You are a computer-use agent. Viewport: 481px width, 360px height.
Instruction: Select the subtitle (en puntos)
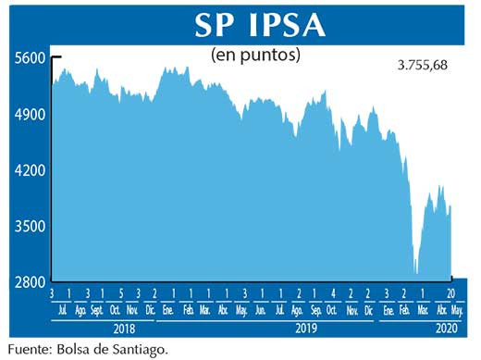pyautogui.click(x=257, y=55)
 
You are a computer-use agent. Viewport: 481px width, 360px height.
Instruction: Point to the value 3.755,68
pyautogui.click(x=428, y=66)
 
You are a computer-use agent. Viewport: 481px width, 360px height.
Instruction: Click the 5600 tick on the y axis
pyautogui.click(x=30, y=58)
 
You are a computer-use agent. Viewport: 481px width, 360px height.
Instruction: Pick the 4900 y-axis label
pyautogui.click(x=30, y=115)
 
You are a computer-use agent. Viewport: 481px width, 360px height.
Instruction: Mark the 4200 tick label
pyautogui.click(x=30, y=171)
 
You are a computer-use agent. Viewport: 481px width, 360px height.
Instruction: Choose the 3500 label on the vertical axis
pyautogui.click(x=30, y=227)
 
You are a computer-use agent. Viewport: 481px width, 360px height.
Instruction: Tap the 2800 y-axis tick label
pyautogui.click(x=30, y=282)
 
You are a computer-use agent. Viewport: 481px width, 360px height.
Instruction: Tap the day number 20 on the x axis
pyautogui.click(x=448, y=294)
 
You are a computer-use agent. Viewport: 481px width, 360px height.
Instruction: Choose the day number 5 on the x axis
pyautogui.click(x=119, y=294)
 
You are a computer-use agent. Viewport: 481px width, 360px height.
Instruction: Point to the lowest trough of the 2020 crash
pyautogui.click(x=416, y=273)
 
